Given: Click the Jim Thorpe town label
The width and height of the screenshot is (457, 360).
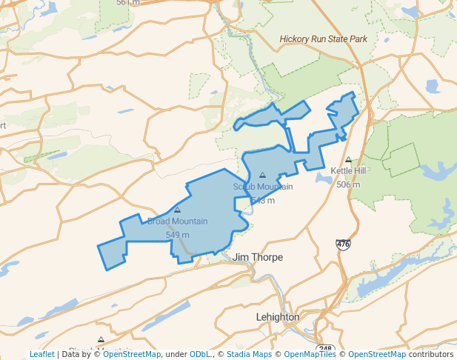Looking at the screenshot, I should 258,257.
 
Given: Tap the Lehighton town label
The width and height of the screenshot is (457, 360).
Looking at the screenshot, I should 277,316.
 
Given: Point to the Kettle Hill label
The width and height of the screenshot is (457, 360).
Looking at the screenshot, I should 348,170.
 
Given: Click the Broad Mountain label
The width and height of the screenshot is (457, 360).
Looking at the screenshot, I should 177,221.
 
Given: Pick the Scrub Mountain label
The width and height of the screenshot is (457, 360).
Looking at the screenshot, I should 263,187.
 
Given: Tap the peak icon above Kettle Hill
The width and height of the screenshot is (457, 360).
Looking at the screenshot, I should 348,159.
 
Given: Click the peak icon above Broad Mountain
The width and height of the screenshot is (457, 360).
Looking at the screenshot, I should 177,210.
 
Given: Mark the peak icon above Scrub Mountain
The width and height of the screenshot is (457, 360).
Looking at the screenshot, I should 262,176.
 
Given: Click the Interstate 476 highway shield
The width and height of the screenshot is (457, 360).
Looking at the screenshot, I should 343,244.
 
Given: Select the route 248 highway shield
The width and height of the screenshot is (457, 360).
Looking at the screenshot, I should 324,349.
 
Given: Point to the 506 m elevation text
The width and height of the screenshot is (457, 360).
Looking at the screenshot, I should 348,184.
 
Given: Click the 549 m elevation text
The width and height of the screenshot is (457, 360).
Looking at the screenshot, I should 177,235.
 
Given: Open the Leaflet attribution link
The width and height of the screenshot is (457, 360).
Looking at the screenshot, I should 42,354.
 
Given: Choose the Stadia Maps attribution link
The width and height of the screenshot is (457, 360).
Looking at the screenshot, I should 249,354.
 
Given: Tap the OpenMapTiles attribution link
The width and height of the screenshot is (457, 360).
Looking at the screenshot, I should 311,354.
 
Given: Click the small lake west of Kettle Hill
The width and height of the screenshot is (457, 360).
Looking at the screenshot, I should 324,178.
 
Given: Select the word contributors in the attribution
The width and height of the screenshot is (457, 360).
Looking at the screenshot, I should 430,354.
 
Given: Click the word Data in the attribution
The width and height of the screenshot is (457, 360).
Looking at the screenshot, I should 72,354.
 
